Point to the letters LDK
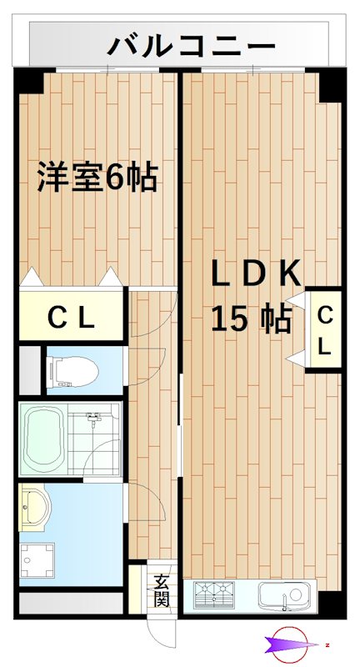tap(249, 273)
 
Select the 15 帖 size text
tap(250, 318)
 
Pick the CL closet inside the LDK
tap(325, 330)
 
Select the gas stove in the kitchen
tap(215, 595)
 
